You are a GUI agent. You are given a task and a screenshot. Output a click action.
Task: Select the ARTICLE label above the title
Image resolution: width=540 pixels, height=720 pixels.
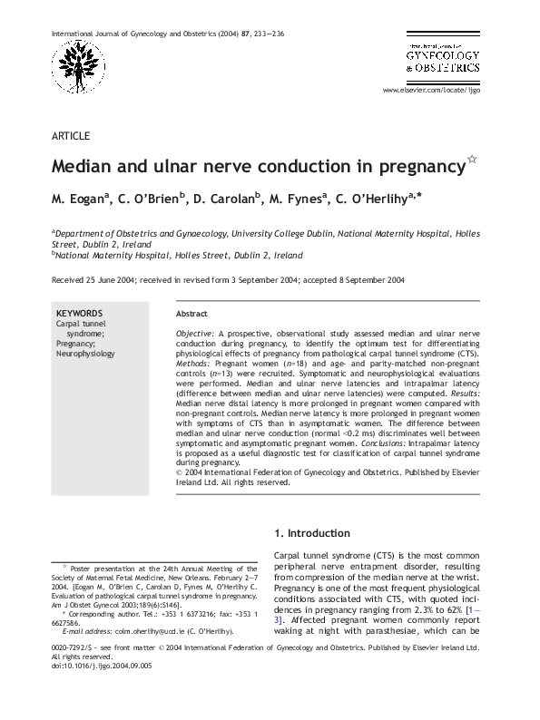[x=71, y=136]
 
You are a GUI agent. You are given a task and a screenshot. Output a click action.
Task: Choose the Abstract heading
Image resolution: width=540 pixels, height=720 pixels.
[x=191, y=313]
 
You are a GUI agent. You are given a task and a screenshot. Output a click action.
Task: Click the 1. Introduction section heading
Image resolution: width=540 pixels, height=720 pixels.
[x=311, y=533]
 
